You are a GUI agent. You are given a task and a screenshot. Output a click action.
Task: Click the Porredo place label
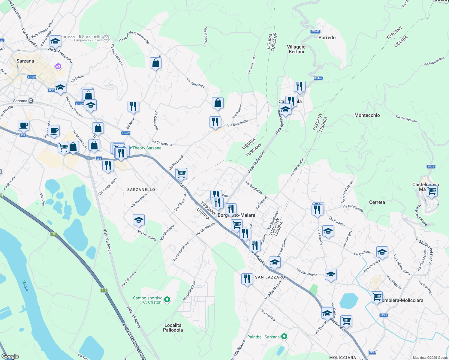click(327, 37)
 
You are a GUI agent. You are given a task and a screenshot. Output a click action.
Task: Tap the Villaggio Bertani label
click(296, 49)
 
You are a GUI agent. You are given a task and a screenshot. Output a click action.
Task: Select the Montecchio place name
click(367, 115)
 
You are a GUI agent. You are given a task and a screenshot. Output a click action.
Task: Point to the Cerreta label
click(377, 202)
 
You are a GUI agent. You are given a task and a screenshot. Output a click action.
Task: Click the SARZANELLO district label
click(141, 190)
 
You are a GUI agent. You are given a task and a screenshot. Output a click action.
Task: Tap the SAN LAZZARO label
click(270, 277)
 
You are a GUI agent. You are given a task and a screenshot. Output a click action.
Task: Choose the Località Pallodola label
click(173, 328)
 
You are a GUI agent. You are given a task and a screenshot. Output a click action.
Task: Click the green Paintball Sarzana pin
click(284, 337)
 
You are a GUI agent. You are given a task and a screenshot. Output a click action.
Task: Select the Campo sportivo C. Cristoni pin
click(167, 300)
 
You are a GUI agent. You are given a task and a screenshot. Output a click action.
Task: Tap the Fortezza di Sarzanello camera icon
click(106, 38)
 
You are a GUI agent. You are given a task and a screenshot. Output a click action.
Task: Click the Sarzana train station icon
click(31, 101)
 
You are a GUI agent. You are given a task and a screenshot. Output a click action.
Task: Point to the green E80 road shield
click(54, 234)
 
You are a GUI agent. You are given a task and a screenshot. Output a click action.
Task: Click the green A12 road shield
click(104, 290)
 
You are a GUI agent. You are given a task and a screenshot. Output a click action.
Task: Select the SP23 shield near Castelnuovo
click(431, 166)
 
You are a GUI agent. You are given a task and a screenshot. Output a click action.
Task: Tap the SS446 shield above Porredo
click(315, 31)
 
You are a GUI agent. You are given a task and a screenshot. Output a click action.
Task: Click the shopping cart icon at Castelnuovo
click(432, 191)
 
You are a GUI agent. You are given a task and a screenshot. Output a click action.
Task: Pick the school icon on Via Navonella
click(139, 220)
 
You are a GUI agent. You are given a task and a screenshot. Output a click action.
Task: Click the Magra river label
click(26, 285)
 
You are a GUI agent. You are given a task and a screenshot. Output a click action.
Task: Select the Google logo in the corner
click(10, 356)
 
